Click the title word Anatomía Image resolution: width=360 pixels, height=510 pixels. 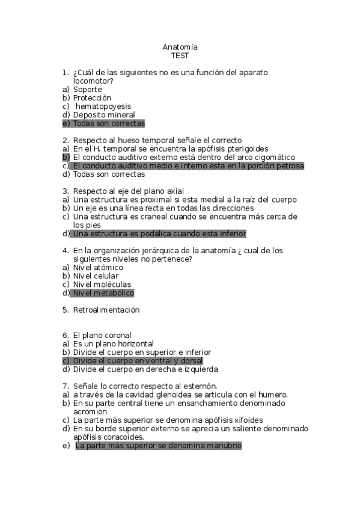click(x=180, y=47)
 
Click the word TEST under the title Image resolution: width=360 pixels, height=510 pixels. click(x=180, y=55)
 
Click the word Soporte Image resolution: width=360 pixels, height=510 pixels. click(x=88, y=90)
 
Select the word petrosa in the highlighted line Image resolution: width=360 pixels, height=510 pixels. click(x=290, y=165)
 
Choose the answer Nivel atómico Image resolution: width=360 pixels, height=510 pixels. click(x=98, y=267)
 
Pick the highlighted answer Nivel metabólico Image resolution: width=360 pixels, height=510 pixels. click(x=103, y=293)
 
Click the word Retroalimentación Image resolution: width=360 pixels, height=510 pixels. click(x=106, y=310)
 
